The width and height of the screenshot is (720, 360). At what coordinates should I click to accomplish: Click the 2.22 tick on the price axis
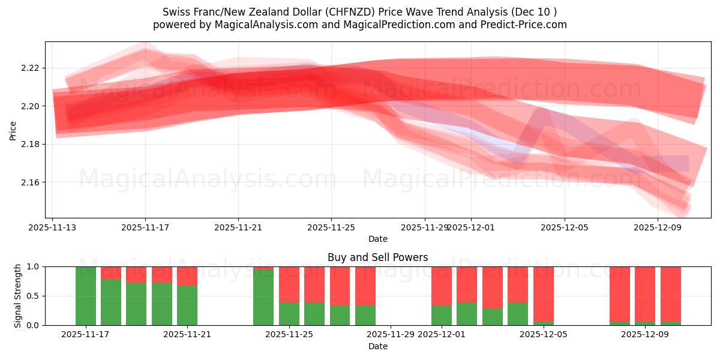click(x=30, y=68)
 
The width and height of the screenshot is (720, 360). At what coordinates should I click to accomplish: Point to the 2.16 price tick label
click(x=30, y=182)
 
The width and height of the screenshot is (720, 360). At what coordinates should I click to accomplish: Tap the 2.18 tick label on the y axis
click(x=30, y=144)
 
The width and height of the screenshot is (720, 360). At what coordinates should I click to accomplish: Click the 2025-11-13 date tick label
click(x=52, y=228)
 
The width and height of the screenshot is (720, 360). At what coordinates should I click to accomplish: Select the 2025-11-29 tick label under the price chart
click(x=424, y=228)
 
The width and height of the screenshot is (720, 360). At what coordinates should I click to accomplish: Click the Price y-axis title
click(x=13, y=130)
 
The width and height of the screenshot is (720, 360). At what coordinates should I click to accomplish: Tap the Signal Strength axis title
click(x=18, y=296)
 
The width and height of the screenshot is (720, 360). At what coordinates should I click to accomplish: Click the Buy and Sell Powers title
click(x=377, y=257)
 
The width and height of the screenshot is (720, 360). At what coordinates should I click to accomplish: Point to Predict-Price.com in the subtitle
click(x=524, y=25)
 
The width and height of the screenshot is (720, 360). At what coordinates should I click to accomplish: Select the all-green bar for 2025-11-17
click(x=86, y=296)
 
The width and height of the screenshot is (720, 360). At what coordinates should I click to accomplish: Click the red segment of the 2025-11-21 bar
click(x=187, y=275)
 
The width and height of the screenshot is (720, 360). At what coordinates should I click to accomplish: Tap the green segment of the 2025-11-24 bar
click(x=263, y=298)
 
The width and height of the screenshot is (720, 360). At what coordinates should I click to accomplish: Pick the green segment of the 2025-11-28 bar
click(x=365, y=315)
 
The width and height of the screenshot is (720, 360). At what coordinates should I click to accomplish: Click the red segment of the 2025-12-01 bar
click(x=442, y=286)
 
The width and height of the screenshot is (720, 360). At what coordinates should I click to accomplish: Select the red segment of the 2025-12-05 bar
click(x=544, y=294)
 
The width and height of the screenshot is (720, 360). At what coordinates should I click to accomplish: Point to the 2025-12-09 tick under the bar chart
click(x=645, y=335)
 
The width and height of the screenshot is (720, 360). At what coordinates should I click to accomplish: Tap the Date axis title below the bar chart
click(x=377, y=346)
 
